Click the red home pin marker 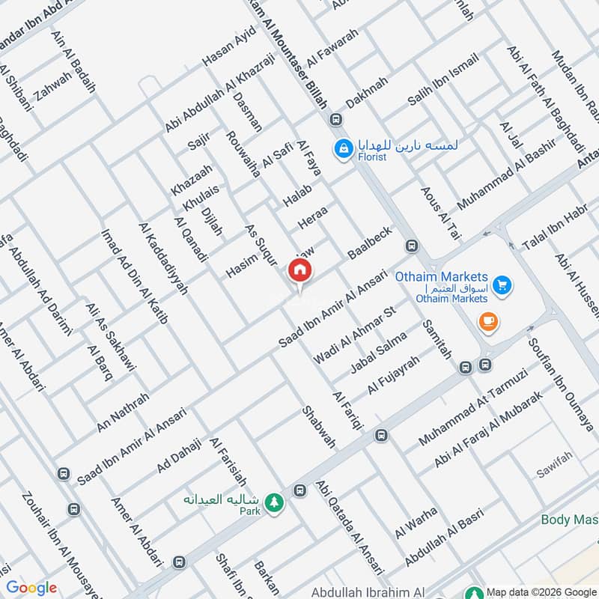tap(300, 270)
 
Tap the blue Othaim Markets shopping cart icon tap(502, 285)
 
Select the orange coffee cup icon tap(488, 322)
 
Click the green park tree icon tap(277, 500)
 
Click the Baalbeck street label tap(369, 243)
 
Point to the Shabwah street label tap(318, 427)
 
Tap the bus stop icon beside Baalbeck tap(411, 246)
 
